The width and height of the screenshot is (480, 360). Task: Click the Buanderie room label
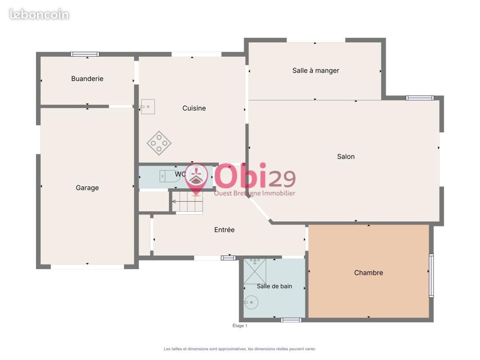click(87, 79)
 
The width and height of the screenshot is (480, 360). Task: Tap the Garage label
click(87, 188)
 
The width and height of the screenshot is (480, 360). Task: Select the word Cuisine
click(194, 108)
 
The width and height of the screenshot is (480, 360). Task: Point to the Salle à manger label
click(316, 71)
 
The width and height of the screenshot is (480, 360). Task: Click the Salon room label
click(346, 157)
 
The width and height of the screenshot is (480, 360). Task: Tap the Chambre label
click(369, 273)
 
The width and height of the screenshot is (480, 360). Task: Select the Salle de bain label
click(274, 286)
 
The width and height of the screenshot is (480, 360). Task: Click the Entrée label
click(224, 229)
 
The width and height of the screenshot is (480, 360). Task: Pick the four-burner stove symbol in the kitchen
click(159, 143)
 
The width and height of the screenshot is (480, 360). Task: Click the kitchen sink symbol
click(148, 107)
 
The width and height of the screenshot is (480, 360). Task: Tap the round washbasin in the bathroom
click(251, 302)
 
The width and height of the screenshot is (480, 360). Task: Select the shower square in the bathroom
click(255, 271)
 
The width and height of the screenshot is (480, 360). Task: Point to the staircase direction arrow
click(174, 202)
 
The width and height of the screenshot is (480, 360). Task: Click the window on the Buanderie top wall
click(85, 54)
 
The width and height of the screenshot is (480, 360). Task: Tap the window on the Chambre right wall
click(431, 275)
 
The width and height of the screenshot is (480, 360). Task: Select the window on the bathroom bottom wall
click(291, 320)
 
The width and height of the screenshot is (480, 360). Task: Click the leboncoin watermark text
click(39, 14)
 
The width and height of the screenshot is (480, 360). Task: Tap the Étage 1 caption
click(240, 326)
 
